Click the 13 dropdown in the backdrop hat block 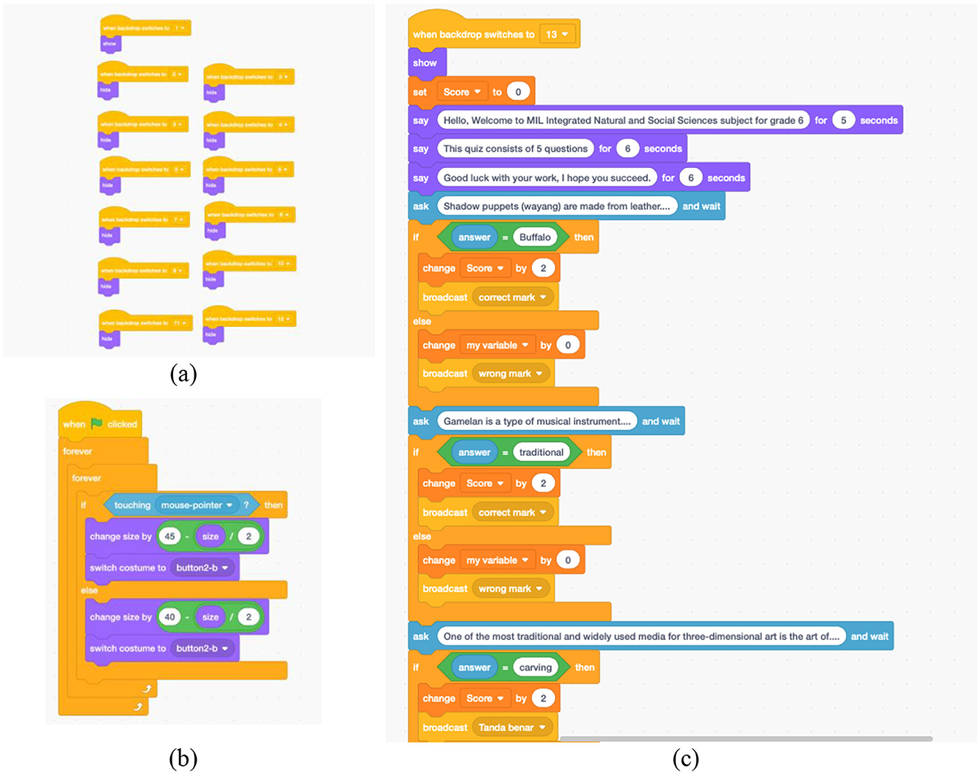point(557,35)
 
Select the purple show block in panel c point(425,63)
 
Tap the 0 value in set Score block point(518,92)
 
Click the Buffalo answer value point(535,238)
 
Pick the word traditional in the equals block point(541,452)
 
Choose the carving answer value point(535,667)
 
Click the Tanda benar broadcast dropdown point(513,727)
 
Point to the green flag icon point(97,423)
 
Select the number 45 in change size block point(170,536)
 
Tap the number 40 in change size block point(170,617)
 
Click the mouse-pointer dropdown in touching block point(197,505)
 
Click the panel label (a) point(183,374)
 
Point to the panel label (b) point(183,758)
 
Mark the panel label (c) point(686,758)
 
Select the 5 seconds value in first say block point(843,120)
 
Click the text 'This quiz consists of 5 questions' point(516,149)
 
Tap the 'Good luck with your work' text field point(547,178)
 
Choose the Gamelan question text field point(537,421)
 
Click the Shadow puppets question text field point(556,206)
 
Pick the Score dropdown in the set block point(462,92)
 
